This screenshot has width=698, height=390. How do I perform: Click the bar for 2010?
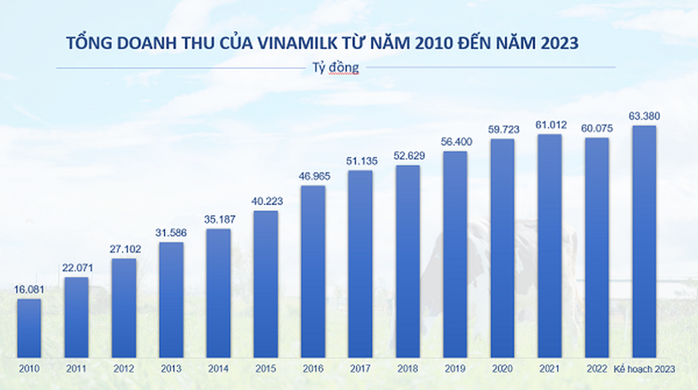29,328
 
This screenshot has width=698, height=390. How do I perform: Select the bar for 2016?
313,271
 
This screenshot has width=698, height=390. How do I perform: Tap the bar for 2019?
455,254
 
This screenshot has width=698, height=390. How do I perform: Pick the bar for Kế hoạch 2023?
644,242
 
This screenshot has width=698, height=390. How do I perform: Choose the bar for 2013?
171,300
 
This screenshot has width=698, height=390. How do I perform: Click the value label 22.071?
77,268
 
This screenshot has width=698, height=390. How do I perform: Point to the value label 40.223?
267,201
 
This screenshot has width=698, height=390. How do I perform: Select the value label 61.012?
551,125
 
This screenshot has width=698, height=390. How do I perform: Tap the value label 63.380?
644,116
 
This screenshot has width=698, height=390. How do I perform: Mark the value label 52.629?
409,156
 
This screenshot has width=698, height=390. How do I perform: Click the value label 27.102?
125,249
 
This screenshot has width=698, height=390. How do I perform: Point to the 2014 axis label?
218,369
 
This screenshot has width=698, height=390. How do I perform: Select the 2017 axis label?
360,369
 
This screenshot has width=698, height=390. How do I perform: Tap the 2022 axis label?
596,369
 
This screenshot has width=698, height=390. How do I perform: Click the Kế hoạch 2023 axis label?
644,369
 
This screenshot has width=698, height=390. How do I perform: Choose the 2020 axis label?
502,369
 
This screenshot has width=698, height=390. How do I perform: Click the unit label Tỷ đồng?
335,68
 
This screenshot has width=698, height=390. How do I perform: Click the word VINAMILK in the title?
297,43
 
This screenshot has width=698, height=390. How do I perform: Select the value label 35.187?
219,219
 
